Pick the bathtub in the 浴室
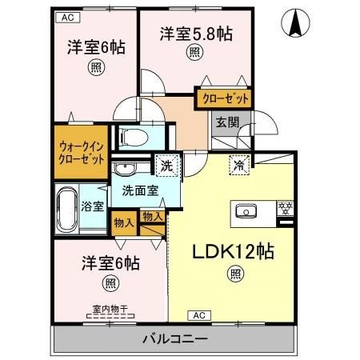(67, 206)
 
